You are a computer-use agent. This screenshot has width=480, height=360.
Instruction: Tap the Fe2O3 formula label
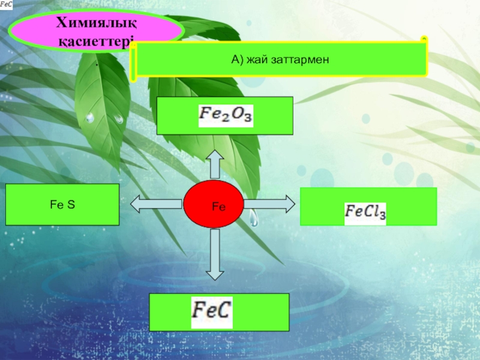(226, 116)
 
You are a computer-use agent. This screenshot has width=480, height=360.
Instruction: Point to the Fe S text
(62, 205)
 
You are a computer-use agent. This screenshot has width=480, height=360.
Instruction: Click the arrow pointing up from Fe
(215, 165)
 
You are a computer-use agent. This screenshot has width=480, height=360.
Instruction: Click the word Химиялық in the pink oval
(97, 23)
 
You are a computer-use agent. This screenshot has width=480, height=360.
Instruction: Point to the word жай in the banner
(257, 59)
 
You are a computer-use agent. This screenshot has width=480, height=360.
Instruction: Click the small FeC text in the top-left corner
(8, 5)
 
